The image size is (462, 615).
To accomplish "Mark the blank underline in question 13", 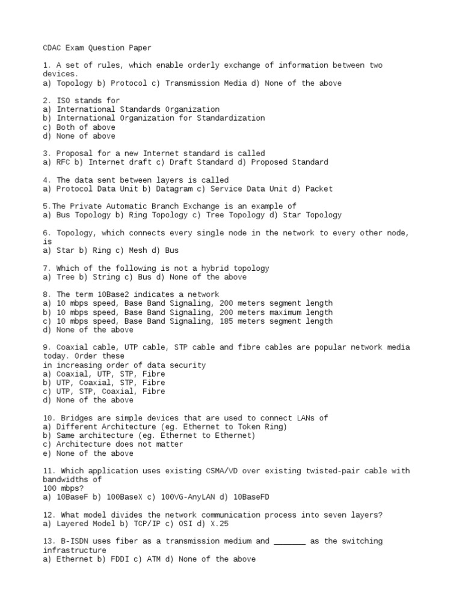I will (x=290, y=541).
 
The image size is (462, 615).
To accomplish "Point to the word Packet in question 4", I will (x=319, y=189).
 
